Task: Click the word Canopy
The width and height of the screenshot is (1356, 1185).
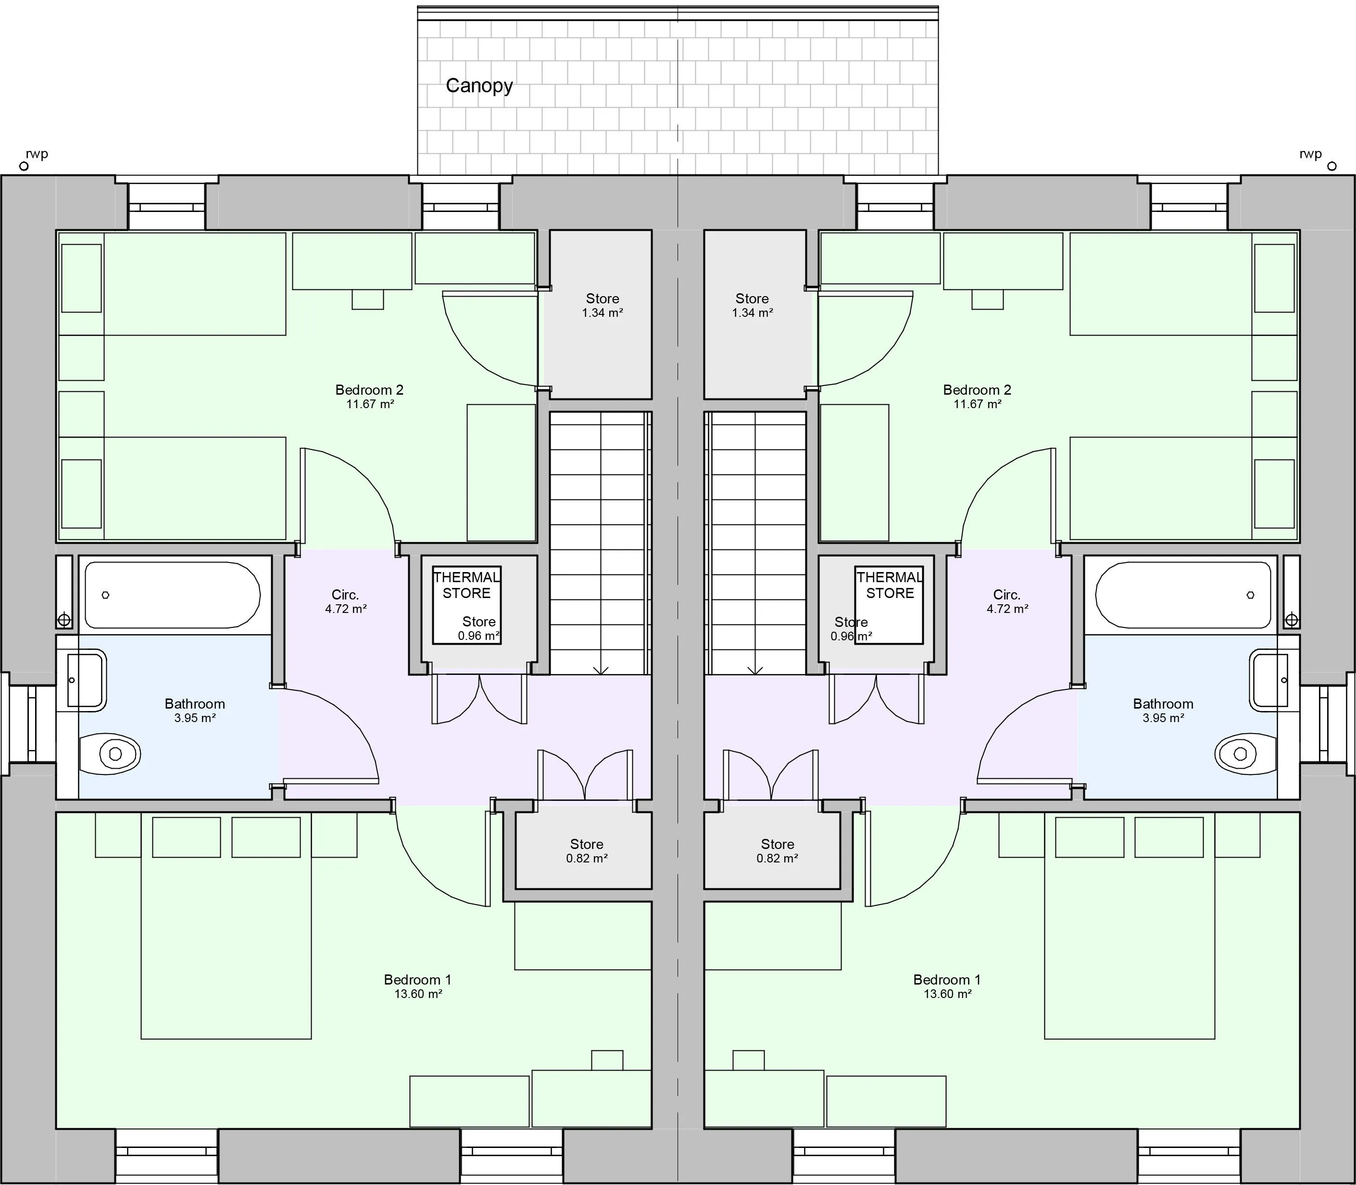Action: [479, 85]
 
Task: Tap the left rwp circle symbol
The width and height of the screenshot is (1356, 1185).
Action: [24, 166]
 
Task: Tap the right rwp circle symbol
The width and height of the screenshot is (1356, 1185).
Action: [1331, 166]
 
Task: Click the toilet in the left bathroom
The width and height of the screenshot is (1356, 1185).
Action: [111, 753]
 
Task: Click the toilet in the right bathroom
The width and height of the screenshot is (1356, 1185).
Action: [1244, 753]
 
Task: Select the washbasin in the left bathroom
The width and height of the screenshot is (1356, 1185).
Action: [86, 680]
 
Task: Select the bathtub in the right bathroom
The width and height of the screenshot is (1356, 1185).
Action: [1183, 595]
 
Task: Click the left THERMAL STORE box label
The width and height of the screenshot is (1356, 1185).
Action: [466, 585]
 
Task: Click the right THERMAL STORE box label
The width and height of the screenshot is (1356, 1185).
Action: [890, 585]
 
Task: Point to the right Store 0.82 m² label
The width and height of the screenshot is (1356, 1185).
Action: [777, 851]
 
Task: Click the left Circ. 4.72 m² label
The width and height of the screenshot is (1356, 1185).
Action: [345, 601]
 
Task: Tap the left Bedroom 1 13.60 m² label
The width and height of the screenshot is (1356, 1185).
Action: [417, 986]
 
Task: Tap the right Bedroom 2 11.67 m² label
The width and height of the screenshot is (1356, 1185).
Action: [977, 396]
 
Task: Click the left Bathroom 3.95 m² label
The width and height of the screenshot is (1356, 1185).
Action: [194, 710]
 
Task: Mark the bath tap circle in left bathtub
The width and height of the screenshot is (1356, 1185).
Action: [105, 595]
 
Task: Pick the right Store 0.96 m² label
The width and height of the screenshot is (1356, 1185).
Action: [851, 629]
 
